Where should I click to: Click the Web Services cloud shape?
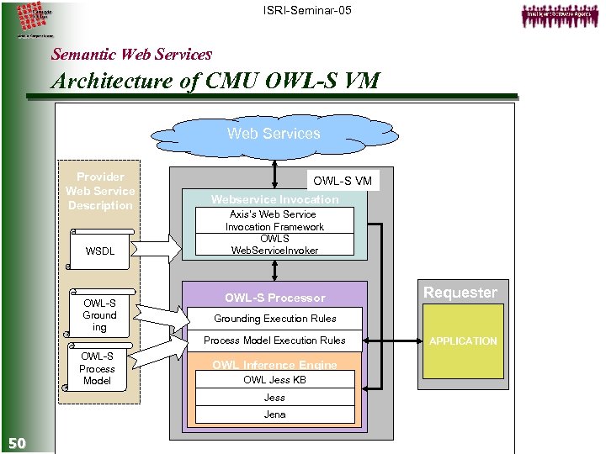point(274,135)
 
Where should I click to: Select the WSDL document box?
point(99,251)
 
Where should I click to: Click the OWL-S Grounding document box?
point(99,315)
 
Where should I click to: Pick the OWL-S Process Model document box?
point(97,368)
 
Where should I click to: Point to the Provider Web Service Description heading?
point(100,191)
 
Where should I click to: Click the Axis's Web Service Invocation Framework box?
point(274,220)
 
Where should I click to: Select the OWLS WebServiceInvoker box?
point(274,244)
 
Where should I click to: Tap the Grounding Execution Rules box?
point(274,319)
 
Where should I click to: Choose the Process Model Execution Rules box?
point(274,340)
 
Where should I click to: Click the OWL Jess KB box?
point(274,380)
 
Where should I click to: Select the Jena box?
point(274,414)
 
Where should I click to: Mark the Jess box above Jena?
point(274,398)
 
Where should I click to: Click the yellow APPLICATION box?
point(463,341)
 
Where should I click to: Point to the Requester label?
point(460,293)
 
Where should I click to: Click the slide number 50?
point(17,443)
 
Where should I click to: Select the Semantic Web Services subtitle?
point(131,55)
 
